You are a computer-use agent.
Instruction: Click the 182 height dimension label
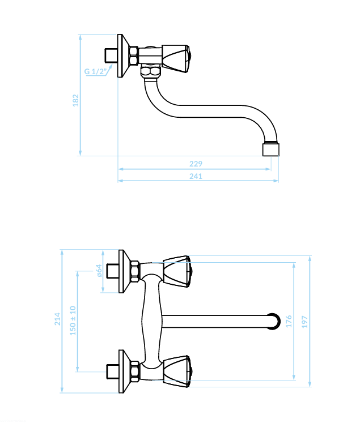click(76, 100)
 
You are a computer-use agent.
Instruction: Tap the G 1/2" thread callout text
click(94, 71)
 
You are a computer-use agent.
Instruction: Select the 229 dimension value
click(196, 164)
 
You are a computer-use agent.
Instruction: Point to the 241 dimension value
click(196, 176)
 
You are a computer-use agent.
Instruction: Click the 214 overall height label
click(58, 319)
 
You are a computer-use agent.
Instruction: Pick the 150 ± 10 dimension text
click(73, 321)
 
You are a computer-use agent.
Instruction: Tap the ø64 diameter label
click(99, 270)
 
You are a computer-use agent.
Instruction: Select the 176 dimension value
click(289, 321)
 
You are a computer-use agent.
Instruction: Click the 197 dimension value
click(304, 322)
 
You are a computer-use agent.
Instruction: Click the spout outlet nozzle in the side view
click(271, 149)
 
